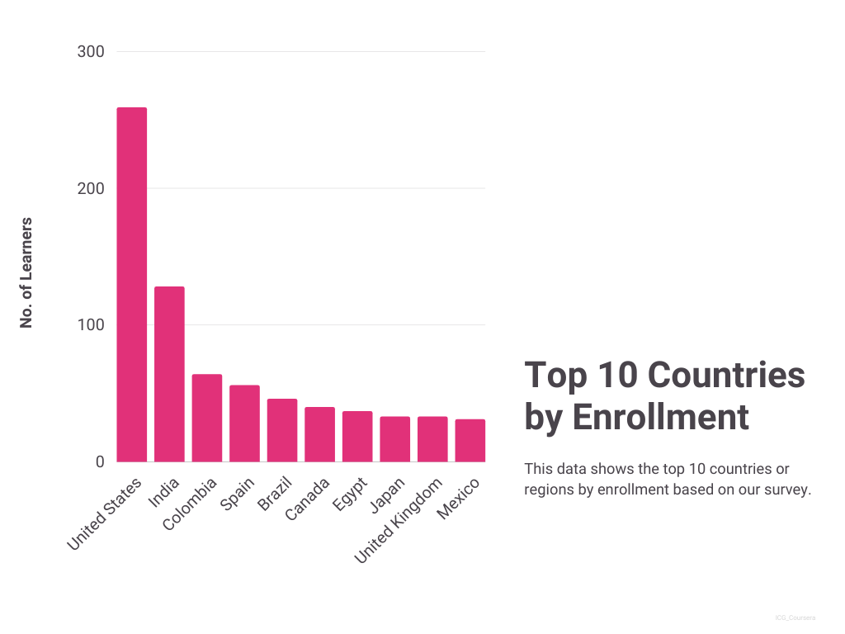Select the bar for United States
(132, 285)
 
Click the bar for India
(169, 374)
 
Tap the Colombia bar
(207, 418)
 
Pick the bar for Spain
(244, 423)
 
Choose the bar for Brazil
(281, 430)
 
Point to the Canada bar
(319, 434)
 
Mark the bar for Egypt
(357, 437)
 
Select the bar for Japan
(394, 439)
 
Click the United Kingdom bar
(432, 439)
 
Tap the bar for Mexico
(470, 440)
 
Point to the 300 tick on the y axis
(91, 52)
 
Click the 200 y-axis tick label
(91, 189)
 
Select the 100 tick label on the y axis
(91, 325)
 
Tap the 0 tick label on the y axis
(100, 462)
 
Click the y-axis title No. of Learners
(26, 272)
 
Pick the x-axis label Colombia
(191, 503)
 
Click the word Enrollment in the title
(661, 417)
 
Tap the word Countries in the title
(725, 376)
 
